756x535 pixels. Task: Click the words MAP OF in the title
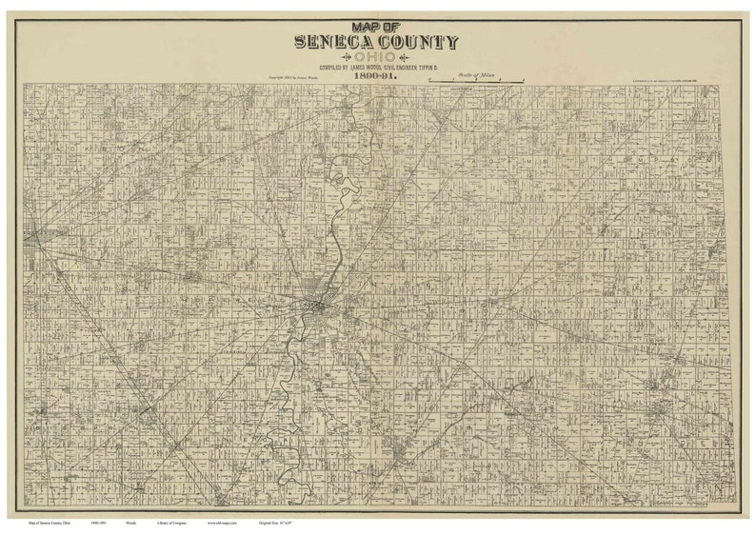[x=377, y=29]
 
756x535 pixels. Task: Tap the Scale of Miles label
[x=470, y=75]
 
